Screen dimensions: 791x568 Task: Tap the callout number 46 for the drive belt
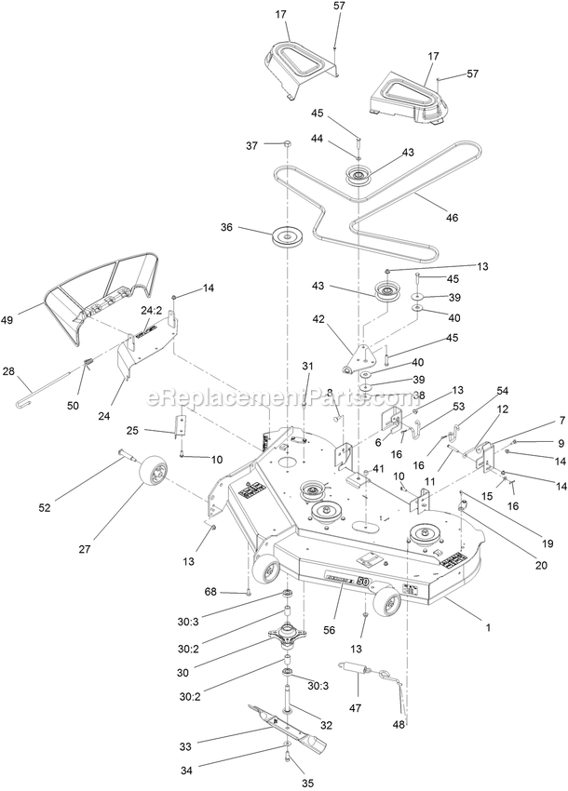click(453, 218)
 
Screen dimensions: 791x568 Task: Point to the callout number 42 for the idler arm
click(319, 319)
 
